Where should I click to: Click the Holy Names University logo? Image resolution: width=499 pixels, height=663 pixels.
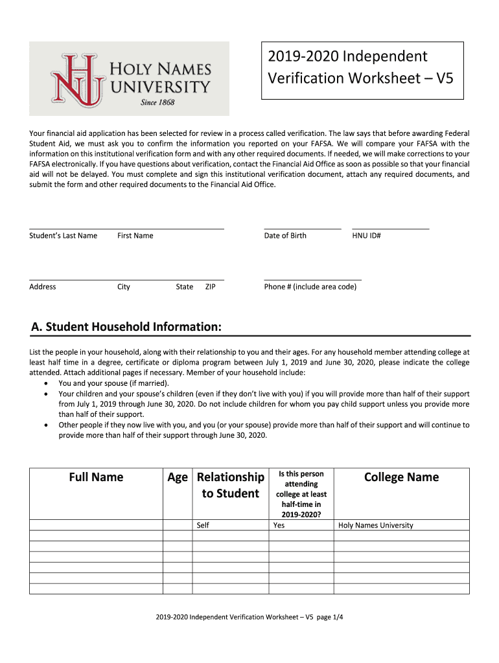coord(129,78)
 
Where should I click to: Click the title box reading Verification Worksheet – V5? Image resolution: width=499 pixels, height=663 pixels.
coord(362,70)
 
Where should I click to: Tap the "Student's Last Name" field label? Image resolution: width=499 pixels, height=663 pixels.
coord(63,236)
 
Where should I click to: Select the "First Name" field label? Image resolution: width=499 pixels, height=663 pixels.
coord(135,236)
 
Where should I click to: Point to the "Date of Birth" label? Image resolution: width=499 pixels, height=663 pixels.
coord(285,236)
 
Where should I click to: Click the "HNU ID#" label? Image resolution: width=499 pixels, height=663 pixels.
coord(366,236)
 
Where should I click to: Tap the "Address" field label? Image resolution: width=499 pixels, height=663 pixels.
coord(43,287)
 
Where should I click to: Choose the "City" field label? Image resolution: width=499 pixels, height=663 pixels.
coord(123,287)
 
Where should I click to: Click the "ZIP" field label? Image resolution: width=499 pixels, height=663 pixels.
coord(210,287)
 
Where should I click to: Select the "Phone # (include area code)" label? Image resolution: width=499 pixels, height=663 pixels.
coord(310,287)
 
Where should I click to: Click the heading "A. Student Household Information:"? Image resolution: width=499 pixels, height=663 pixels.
coord(126,327)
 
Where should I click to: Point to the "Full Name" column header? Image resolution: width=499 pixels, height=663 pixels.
coord(95,477)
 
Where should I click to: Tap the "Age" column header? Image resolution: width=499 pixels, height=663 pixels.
coord(177,477)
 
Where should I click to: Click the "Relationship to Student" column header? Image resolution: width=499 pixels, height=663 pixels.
coord(230,485)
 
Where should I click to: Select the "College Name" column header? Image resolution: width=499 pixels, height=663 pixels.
coord(401,477)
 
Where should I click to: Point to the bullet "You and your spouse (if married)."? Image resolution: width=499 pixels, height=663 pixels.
coord(113,383)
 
